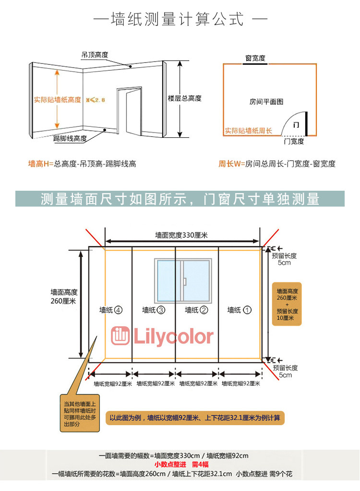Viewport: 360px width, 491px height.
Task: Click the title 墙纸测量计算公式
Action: pos(177,20)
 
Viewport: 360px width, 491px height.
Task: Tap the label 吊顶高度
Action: pos(95,55)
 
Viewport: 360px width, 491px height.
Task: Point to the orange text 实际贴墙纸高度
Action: pos(57,99)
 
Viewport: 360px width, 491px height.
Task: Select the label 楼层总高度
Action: pos(184,98)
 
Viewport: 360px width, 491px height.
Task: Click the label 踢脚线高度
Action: pos(70,138)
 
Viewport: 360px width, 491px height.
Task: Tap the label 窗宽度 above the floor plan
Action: pos(255,58)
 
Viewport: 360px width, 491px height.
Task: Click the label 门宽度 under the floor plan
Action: pos(294,141)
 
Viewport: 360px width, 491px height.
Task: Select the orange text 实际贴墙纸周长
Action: pos(248,131)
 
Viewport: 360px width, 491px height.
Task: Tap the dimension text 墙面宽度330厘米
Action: pos(180,235)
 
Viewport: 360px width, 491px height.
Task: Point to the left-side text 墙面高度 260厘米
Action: pos(64,296)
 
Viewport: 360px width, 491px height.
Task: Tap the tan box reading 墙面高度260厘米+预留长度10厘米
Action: pos(287,304)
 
